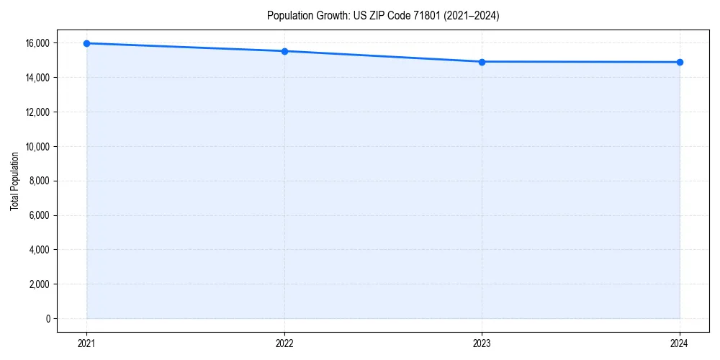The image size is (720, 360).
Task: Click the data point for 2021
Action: tap(86, 43)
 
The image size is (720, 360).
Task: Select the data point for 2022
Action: tap(284, 51)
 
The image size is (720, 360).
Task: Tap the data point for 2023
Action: tap(482, 62)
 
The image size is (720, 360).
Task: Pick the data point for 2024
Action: tap(680, 62)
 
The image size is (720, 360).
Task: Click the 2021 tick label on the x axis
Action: tap(86, 343)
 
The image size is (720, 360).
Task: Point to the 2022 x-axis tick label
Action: tap(284, 343)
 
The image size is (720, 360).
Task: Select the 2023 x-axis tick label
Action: tap(482, 343)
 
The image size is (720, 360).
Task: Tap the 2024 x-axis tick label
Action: tap(680, 343)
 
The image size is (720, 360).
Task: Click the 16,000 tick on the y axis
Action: tap(37, 43)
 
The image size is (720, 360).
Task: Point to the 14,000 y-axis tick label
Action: tap(37, 78)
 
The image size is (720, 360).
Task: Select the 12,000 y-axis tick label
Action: tap(37, 112)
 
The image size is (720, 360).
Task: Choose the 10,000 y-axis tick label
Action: tap(37, 146)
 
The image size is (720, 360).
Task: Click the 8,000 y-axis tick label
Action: tap(39, 181)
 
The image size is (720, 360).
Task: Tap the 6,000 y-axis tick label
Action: tap(39, 215)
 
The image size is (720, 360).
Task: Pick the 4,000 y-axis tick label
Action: tap(39, 250)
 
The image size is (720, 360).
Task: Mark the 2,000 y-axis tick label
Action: tap(39, 284)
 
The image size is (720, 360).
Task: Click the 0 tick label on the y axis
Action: tap(48, 319)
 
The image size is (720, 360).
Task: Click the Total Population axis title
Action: tap(14, 181)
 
